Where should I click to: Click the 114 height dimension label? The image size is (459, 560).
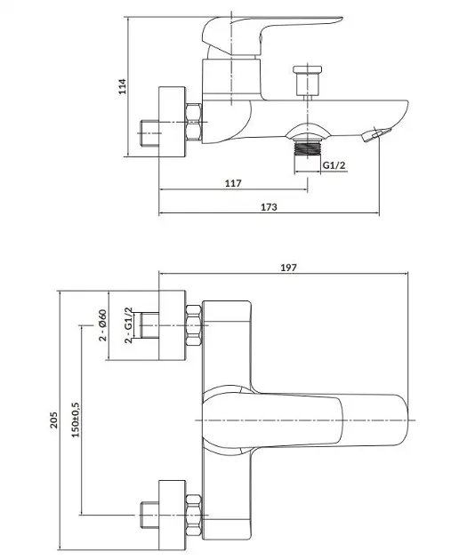[x=123, y=86]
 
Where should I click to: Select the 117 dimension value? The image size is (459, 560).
[x=233, y=183]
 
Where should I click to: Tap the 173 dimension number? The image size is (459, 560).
[x=269, y=207]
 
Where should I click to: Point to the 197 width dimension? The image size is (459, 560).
[x=288, y=268]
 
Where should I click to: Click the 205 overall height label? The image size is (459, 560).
[x=53, y=420]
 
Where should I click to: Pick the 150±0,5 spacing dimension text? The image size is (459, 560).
[x=76, y=420]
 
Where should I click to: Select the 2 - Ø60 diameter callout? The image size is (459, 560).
[x=102, y=325]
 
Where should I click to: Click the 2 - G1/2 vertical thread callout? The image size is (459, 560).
[x=128, y=325]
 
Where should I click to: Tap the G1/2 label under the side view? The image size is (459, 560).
[x=334, y=165]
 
